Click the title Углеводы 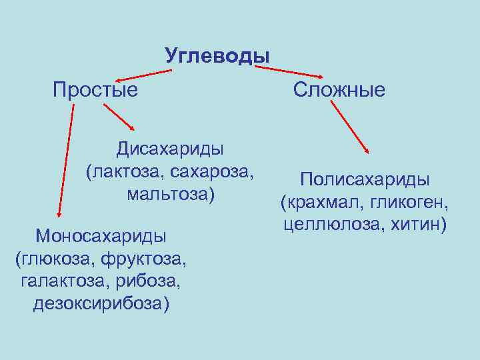[217, 55]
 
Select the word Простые [95, 89]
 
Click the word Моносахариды [101, 235]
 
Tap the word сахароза [213, 171]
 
